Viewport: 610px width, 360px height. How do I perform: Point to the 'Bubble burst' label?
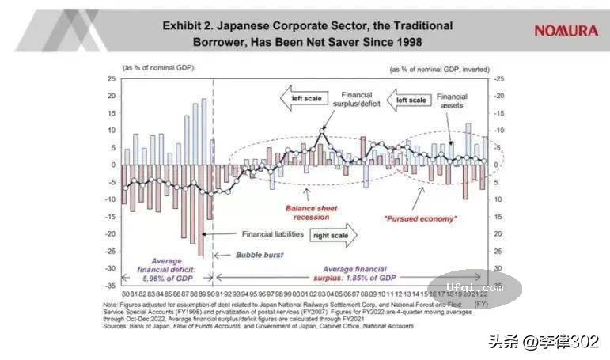coord(259,255)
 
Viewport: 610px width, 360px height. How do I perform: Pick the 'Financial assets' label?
coord(453,100)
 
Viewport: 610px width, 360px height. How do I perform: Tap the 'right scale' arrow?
coord(333,234)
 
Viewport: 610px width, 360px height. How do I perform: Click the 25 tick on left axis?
coord(112,79)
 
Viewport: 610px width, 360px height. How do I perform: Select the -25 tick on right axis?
coord(498,79)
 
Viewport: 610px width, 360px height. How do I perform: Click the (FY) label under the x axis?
coord(480,303)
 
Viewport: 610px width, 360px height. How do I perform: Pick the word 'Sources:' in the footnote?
coord(115,326)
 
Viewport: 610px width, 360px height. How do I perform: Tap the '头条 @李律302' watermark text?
coord(542,342)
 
